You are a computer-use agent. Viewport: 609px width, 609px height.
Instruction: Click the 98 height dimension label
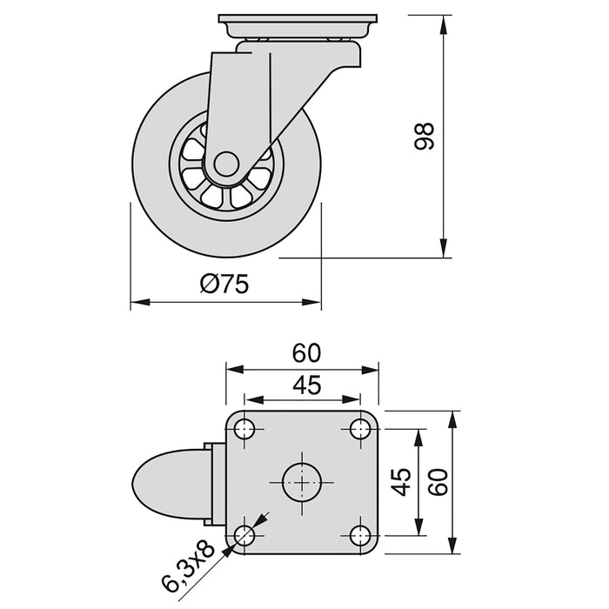(424, 137)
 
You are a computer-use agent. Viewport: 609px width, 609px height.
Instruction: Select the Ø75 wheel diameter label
(224, 284)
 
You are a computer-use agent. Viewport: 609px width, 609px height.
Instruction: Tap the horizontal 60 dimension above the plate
(306, 352)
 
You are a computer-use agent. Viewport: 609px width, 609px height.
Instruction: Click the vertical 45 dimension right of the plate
(401, 481)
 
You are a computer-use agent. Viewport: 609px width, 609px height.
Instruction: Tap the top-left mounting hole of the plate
(245, 429)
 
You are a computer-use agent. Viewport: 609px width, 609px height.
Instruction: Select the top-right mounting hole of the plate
(360, 429)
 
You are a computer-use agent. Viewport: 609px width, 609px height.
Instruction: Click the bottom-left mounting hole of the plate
(245, 534)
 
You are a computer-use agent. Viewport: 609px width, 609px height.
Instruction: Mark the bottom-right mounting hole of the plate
(360, 534)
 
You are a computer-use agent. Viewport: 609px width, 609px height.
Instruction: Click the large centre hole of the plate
(303, 481)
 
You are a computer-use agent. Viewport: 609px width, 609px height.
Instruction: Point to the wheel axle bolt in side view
(224, 164)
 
